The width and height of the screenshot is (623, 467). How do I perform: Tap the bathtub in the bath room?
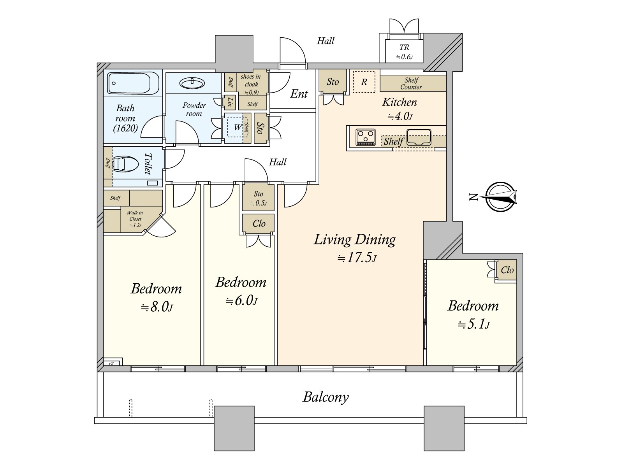128,83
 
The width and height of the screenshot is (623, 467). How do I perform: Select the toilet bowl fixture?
125,164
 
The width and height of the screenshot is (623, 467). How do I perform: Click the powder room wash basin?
192,83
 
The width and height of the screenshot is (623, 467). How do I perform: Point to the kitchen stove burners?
366,137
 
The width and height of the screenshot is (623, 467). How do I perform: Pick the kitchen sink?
419,137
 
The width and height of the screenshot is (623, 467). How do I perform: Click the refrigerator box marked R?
364,82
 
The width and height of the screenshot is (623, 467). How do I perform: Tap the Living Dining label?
354,239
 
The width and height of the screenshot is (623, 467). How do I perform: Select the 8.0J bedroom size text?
157,307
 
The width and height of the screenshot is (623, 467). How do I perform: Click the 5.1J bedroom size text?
473,324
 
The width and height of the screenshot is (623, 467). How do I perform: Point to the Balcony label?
326,397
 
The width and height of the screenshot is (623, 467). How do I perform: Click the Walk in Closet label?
135,218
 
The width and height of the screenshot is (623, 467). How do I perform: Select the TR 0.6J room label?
404,51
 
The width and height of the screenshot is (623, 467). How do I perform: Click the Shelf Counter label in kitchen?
411,84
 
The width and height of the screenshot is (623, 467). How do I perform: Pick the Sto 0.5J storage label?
259,198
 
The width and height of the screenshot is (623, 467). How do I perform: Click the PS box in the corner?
112,363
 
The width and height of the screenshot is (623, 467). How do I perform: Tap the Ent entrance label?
299,94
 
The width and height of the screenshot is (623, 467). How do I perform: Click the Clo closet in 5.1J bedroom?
507,270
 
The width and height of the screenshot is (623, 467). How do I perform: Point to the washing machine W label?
237,127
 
